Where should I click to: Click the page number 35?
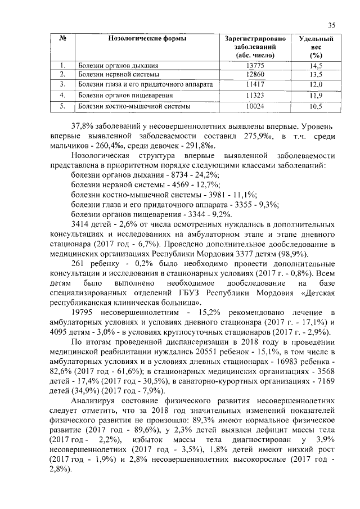click(x=331, y=25)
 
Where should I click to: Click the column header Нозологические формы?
click(x=147, y=39)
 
